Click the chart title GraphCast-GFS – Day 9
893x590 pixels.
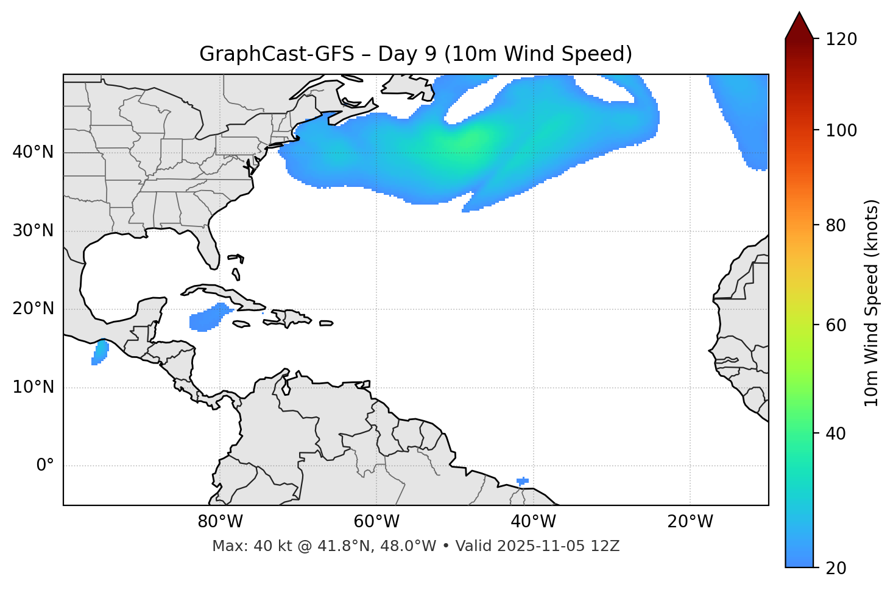tap(415, 54)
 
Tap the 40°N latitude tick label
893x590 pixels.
tap(33, 152)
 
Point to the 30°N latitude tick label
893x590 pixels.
tap(33, 231)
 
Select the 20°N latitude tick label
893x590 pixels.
tap(33, 309)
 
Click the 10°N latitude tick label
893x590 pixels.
tap(33, 387)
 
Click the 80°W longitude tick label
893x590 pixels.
tap(220, 522)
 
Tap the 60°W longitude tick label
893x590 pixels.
tap(376, 522)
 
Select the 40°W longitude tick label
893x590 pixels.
tap(533, 522)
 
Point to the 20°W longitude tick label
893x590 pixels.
tap(690, 522)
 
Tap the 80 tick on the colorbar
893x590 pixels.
tap(836, 225)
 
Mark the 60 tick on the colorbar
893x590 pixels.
tap(836, 325)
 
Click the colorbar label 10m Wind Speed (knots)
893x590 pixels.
tap(872, 303)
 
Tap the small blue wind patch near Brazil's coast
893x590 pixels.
tap(522, 481)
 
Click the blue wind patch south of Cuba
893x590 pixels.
tap(209, 317)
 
